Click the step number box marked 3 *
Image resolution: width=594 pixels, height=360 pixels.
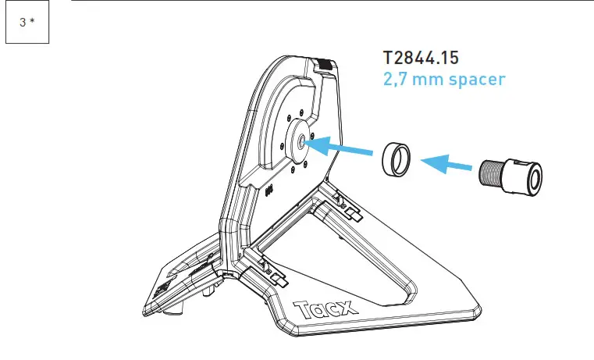click(27, 22)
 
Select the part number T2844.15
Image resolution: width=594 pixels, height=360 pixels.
click(432, 59)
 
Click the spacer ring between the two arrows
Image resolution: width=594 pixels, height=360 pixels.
click(396, 160)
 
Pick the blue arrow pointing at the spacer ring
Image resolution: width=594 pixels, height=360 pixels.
click(449, 164)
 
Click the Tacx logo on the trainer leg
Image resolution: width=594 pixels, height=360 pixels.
click(324, 309)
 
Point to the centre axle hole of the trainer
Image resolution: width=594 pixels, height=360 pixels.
click(299, 142)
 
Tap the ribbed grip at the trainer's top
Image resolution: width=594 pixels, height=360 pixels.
click(325, 65)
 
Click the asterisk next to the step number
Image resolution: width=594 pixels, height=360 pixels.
click(32, 22)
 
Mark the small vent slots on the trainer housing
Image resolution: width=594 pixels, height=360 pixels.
click(270, 188)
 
